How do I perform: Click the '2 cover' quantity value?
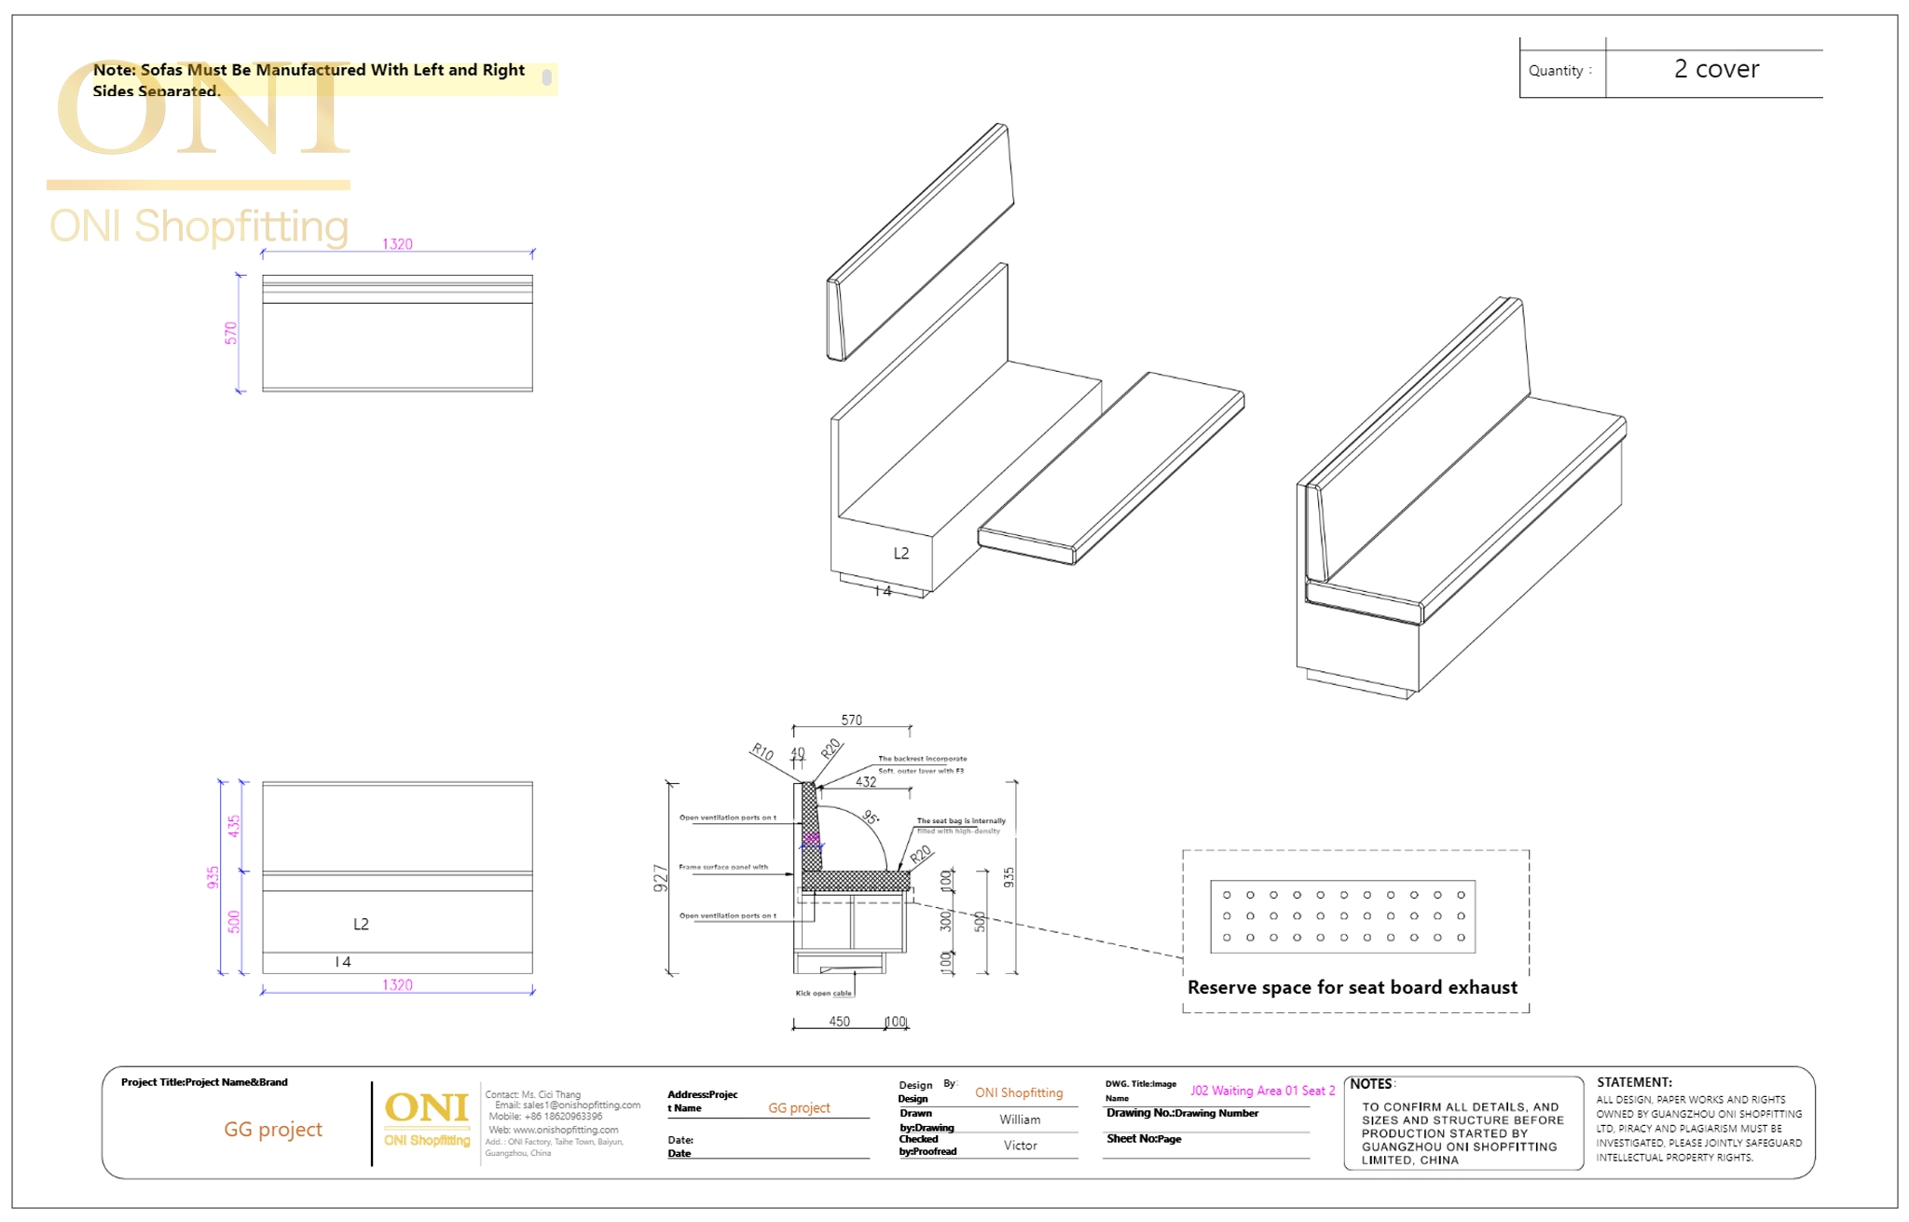(1716, 70)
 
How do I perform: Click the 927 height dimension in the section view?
(661, 878)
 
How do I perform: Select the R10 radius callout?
(762, 752)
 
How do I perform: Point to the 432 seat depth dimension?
(866, 782)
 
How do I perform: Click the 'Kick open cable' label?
(823, 994)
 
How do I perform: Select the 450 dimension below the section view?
(839, 1022)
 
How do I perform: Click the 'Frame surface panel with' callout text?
(723, 867)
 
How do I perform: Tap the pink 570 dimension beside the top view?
(231, 333)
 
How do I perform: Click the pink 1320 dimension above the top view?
(397, 244)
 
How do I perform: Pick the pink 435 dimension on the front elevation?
(234, 826)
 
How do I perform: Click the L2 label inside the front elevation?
(361, 924)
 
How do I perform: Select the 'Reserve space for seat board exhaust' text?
(1352, 988)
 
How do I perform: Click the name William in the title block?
(1020, 1119)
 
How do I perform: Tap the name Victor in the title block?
(1020, 1146)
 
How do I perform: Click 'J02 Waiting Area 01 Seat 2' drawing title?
(1262, 1091)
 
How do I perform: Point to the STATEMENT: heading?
(1634, 1082)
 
